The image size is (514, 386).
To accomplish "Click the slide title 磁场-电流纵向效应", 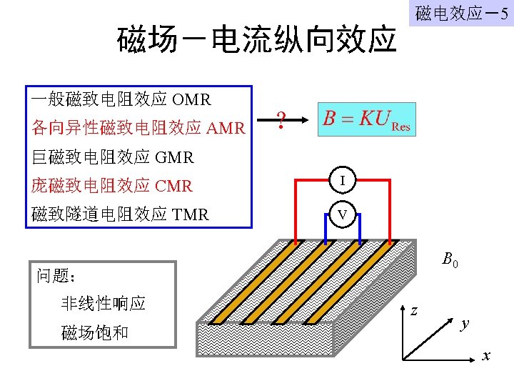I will point(256,40).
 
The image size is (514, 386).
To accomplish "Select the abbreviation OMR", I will point(192,99).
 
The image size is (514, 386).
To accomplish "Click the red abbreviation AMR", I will point(226,129).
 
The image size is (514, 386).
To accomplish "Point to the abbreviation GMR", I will point(174,157).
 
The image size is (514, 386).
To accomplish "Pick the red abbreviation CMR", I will point(174,186).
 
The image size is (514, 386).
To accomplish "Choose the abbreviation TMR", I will point(191,214).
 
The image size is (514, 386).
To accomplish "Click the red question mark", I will point(281,119).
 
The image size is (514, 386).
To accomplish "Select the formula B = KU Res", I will point(366,119).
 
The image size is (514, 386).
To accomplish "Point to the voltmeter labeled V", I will point(343,214).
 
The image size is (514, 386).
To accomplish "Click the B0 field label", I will point(449,260).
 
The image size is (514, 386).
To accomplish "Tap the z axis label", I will point(414,310).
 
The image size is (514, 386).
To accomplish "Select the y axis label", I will point(465,324).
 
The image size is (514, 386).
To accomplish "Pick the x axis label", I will point(487,355).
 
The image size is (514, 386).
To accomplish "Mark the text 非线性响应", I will point(104,303).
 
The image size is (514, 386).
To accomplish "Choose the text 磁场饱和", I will point(95,332).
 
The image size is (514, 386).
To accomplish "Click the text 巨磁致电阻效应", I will point(91,157).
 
